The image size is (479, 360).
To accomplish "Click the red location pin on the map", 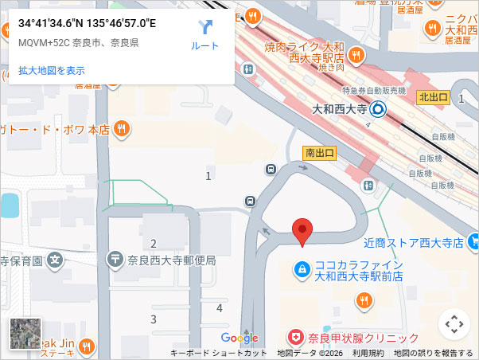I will (x=302, y=230).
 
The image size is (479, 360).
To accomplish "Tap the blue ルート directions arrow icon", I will (x=205, y=28).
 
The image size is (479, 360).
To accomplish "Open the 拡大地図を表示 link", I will (x=52, y=70).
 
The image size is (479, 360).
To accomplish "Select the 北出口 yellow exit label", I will (x=434, y=97).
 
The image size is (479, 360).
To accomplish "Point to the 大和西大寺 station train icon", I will (x=378, y=110).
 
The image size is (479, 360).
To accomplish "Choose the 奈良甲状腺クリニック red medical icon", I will (x=296, y=338).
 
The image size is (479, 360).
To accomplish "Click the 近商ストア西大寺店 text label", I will (x=414, y=241).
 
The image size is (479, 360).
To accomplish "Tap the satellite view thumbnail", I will (x=25, y=334).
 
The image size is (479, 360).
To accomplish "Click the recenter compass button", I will (x=454, y=324).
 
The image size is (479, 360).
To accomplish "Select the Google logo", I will (x=240, y=338).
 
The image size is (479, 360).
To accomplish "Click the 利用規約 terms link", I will (x=368, y=353).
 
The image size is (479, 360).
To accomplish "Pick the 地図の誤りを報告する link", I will (x=434, y=353).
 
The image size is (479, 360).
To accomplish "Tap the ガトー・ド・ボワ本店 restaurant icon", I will (x=122, y=128).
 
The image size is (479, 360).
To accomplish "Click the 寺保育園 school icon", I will (x=55, y=259).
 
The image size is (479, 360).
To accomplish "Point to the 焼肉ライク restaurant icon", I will (x=356, y=55).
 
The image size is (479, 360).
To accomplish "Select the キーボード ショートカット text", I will (x=218, y=353).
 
